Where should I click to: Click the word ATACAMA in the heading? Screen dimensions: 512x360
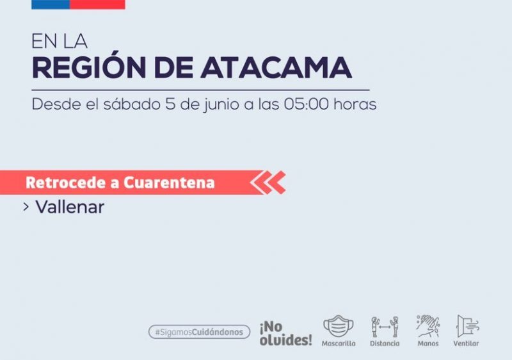(x=276, y=68)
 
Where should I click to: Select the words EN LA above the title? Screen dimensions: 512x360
(x=60, y=42)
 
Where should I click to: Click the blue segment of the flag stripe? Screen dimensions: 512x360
(x=51, y=4)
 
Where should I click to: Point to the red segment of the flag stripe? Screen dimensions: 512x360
(x=97, y=4)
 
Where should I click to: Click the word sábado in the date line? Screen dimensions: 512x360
(x=132, y=104)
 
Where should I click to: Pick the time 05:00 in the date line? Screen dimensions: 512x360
(x=307, y=104)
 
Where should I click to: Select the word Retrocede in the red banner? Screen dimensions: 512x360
(x=67, y=183)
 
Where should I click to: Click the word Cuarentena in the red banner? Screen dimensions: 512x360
(x=169, y=183)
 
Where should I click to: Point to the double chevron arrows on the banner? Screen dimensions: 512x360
(x=268, y=183)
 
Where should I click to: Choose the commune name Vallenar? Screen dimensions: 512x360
(x=70, y=207)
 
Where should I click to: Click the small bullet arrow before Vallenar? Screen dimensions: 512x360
(x=26, y=207)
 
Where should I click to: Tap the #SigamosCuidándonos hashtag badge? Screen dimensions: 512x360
(x=199, y=332)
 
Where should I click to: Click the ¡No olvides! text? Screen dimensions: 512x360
(x=285, y=334)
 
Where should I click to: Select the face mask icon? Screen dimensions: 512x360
(x=339, y=326)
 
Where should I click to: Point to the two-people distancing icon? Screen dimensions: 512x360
(x=385, y=326)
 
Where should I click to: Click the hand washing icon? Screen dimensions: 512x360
(x=428, y=325)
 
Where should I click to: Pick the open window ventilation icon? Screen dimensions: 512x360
(x=468, y=326)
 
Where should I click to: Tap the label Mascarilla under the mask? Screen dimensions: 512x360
(x=339, y=343)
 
